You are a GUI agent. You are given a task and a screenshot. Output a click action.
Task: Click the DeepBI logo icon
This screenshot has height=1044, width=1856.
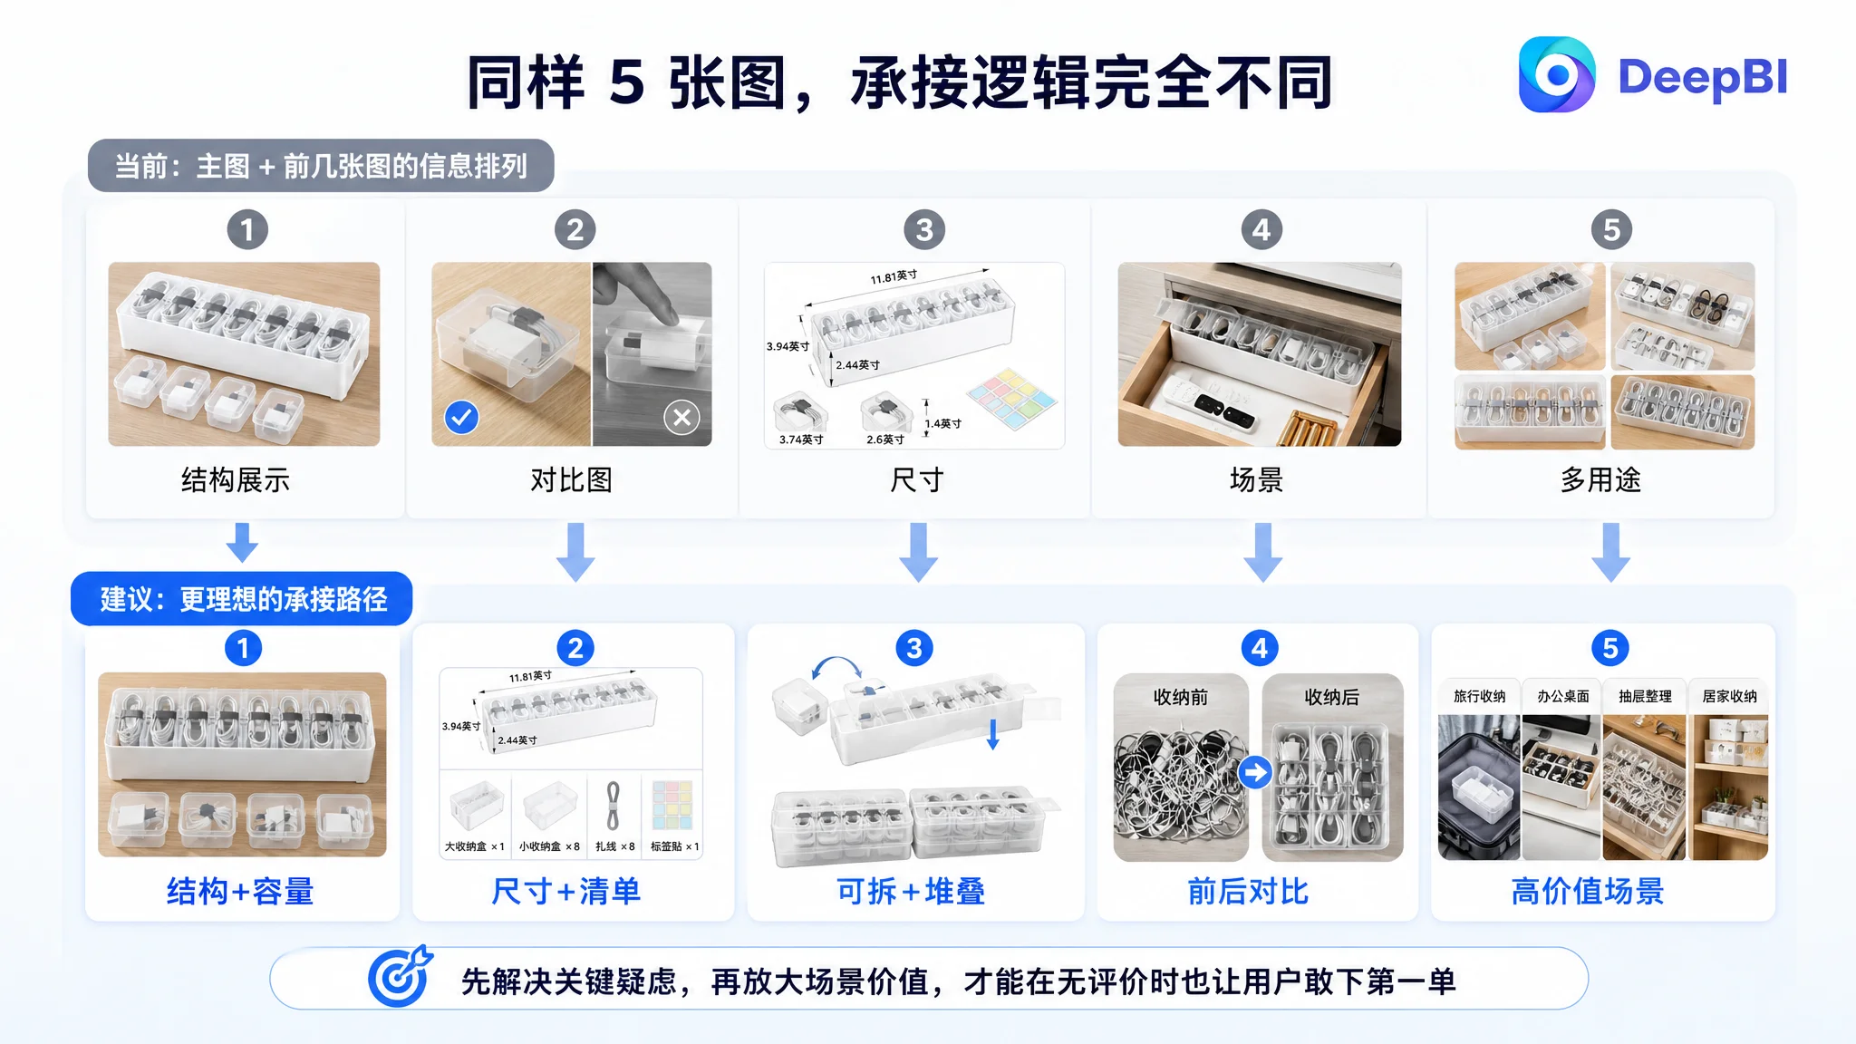pos(1556,75)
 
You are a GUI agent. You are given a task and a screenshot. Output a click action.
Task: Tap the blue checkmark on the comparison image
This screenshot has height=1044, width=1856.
pos(461,417)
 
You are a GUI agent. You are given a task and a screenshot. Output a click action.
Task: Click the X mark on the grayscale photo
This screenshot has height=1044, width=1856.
pos(681,417)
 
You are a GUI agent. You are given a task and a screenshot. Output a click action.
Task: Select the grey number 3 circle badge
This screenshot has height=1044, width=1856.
pos(923,229)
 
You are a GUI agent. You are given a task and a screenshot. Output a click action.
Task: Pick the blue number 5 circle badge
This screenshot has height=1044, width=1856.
pos(1609,648)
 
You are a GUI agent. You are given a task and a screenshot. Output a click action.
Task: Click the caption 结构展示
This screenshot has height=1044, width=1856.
pos(236,479)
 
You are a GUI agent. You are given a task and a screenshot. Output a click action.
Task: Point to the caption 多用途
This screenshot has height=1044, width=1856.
pos(1600,479)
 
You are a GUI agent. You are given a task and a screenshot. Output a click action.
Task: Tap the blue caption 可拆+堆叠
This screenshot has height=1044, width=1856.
pos(911,891)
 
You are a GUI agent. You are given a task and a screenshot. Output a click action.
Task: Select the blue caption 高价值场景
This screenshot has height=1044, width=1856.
pos(1588,891)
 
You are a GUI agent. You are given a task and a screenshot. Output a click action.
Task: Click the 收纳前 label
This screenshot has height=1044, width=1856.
pos(1180,697)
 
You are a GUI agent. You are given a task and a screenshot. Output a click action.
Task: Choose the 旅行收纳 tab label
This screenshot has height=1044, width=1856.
pos(1479,696)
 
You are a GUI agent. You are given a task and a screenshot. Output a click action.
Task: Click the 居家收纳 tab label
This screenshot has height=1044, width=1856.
pos(1729,696)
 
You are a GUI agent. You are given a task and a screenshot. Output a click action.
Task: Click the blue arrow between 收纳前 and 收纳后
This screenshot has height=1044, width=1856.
pos(1255,772)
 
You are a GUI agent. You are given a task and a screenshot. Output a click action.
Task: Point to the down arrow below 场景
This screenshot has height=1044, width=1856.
pos(1262,552)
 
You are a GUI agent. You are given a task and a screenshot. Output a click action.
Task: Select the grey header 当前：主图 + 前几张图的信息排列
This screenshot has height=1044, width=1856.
pos(321,165)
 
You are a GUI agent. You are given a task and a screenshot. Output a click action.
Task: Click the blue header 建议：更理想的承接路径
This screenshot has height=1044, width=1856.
pos(242,599)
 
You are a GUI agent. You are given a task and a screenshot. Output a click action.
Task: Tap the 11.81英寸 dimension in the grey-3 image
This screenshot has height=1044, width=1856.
pos(894,276)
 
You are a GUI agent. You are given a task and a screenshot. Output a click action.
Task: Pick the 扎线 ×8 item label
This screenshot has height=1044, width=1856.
pos(614,846)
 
